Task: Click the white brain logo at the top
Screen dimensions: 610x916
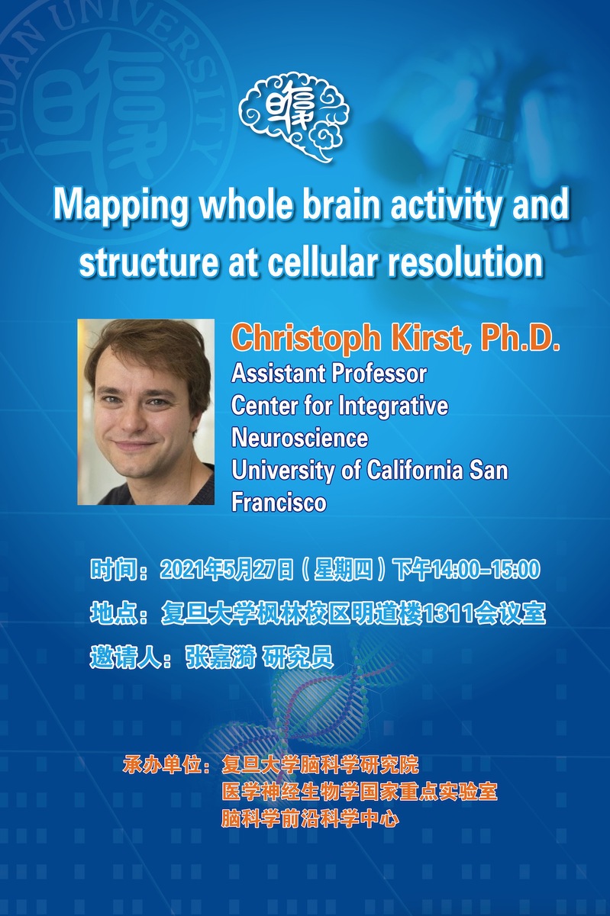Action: coord(294,117)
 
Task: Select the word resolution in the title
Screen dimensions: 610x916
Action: coord(466,262)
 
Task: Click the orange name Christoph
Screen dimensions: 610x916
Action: coord(306,338)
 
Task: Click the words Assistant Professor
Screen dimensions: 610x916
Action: coord(329,374)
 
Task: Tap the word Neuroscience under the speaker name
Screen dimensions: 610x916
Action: coord(300,438)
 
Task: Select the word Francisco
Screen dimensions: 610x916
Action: coord(279,502)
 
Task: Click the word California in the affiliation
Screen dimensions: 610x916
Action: coord(415,470)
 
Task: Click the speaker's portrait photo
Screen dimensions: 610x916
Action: coord(146,412)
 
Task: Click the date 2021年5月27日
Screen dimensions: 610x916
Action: coord(227,569)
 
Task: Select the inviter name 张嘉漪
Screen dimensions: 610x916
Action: coord(221,657)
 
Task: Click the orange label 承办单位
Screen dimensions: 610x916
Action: coord(163,764)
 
